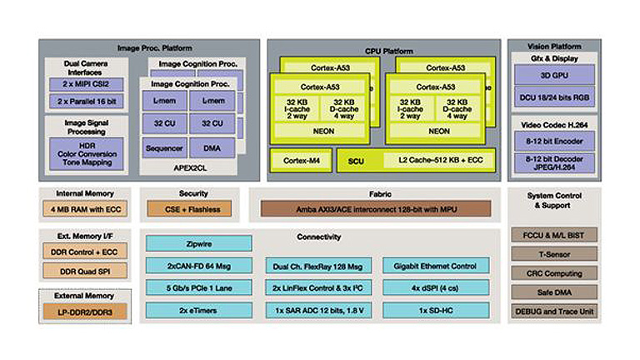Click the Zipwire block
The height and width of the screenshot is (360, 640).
198,243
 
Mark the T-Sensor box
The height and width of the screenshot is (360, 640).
553,254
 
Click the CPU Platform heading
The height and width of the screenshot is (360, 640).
383,50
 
